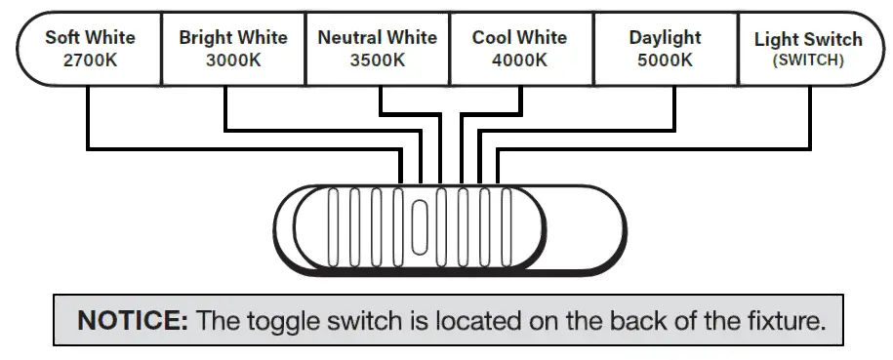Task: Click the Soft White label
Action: (90, 38)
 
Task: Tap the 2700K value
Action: (90, 60)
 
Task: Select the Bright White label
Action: (233, 38)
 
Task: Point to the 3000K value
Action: (233, 60)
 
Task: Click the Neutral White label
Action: (377, 38)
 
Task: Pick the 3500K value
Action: (377, 60)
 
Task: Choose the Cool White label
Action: (519, 38)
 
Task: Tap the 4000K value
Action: (519, 60)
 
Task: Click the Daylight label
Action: (665, 38)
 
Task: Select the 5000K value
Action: (665, 60)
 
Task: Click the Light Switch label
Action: (808, 40)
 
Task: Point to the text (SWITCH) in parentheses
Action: (808, 60)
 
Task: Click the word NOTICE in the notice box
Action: (133, 319)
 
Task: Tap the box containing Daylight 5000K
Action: (665, 49)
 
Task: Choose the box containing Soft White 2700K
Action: (90, 49)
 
